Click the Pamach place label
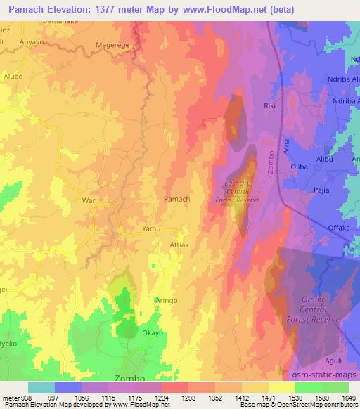[x=176, y=200]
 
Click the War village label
[x=89, y=200]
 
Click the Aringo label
[x=167, y=300]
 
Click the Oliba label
[x=301, y=167]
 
